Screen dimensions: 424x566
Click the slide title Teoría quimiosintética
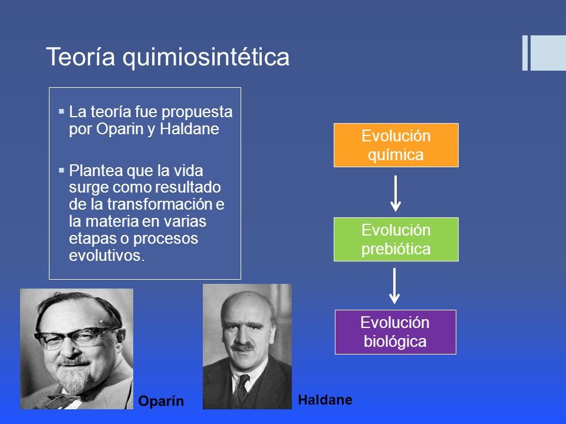click(x=167, y=58)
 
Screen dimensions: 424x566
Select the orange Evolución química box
click(x=396, y=145)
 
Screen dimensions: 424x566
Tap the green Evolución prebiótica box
click(x=396, y=239)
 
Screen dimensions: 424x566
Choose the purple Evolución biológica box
click(x=396, y=332)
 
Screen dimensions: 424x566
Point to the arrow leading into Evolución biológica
click(x=396, y=285)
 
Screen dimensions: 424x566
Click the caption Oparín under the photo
click(x=161, y=401)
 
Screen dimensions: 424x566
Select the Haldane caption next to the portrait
click(x=325, y=400)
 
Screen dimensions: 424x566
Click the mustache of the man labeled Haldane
click(x=242, y=347)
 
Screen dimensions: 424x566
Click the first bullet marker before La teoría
click(x=62, y=111)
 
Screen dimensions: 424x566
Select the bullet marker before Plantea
click(x=62, y=170)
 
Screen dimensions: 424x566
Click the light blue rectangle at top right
click(x=548, y=53)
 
